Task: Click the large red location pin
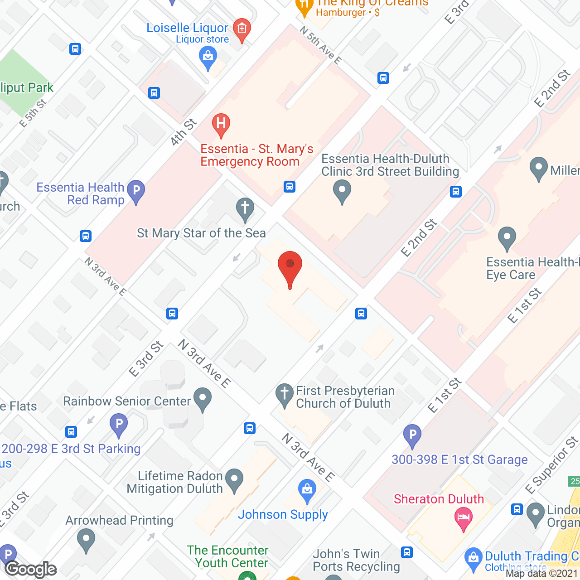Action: point(290,267)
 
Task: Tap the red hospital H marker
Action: point(221,125)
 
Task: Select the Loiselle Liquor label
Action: point(187,28)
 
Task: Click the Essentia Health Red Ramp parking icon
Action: point(136,191)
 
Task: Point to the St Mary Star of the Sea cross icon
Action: point(245,209)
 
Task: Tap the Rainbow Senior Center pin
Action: point(203,399)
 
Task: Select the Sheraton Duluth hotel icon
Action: point(463,517)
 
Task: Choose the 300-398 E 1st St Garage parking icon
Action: point(412,435)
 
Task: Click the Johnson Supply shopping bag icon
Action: point(307,490)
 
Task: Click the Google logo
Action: point(31,569)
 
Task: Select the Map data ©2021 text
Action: point(541,574)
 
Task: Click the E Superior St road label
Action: point(551,465)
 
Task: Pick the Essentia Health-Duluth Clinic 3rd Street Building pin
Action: point(342,191)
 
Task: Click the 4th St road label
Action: point(184,132)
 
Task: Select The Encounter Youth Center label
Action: point(228,556)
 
